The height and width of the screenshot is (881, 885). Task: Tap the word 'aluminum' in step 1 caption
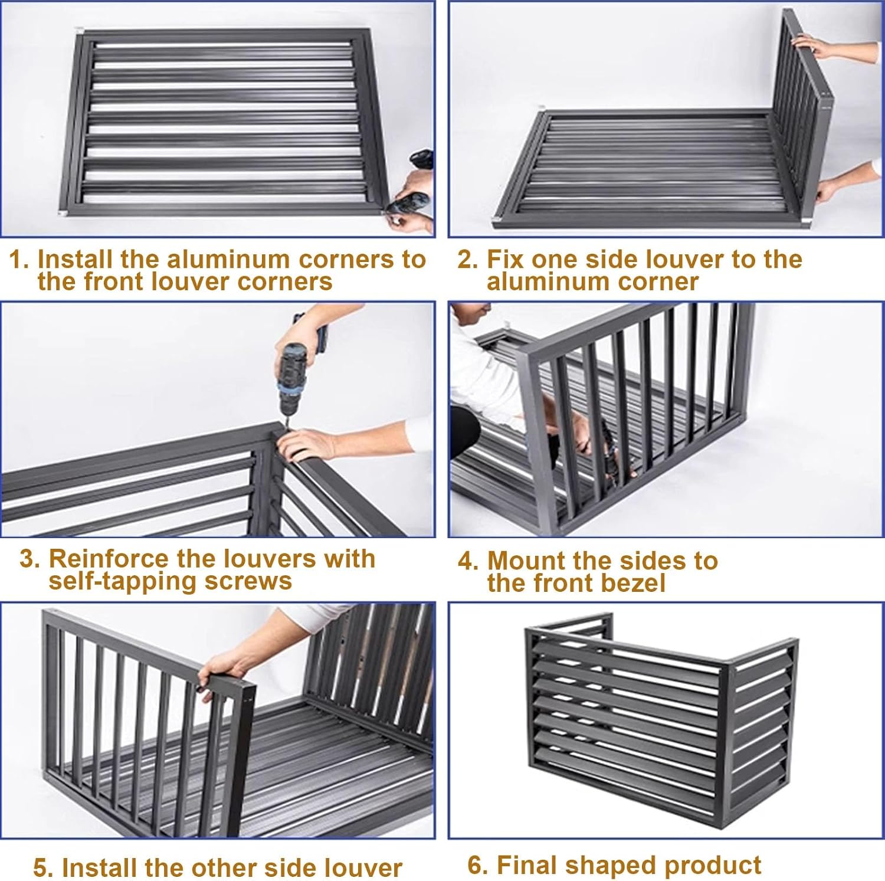(230, 260)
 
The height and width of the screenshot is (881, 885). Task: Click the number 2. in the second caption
(468, 260)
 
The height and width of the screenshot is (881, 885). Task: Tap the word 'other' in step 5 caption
(218, 868)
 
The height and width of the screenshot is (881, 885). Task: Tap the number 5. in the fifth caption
(43, 868)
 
